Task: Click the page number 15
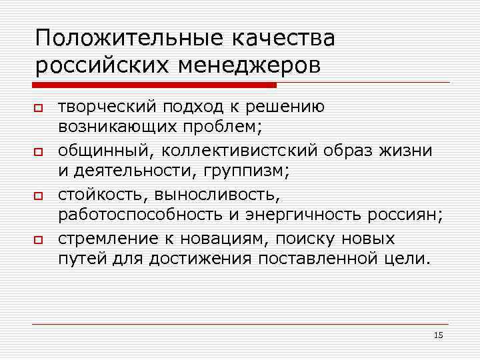coord(438,335)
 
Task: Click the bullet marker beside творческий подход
coord(39,108)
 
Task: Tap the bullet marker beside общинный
coord(39,153)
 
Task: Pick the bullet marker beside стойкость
coord(39,197)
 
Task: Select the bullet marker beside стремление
coord(39,241)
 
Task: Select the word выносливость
coord(219,195)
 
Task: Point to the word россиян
coord(407,215)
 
